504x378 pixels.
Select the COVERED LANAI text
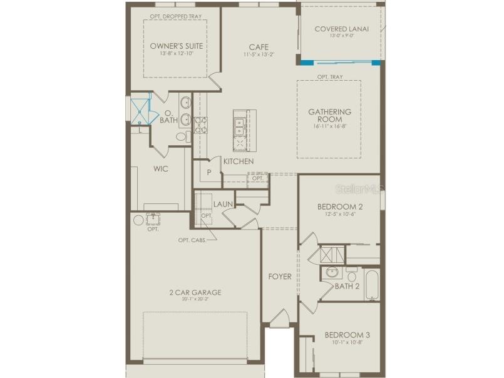[x=342, y=29]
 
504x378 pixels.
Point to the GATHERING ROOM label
[x=329, y=115]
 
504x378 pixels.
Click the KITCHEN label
[x=239, y=161]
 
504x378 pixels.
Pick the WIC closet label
[x=161, y=168]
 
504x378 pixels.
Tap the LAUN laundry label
[x=223, y=204]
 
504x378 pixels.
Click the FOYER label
[x=280, y=276]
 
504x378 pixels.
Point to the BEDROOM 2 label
[x=339, y=207]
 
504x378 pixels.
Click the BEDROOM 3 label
[x=344, y=335]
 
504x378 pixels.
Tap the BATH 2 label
[x=347, y=287]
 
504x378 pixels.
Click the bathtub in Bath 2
[x=372, y=285]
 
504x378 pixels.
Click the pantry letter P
[x=209, y=171]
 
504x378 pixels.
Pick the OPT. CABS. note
[x=193, y=240]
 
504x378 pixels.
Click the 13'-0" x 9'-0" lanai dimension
[x=342, y=36]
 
